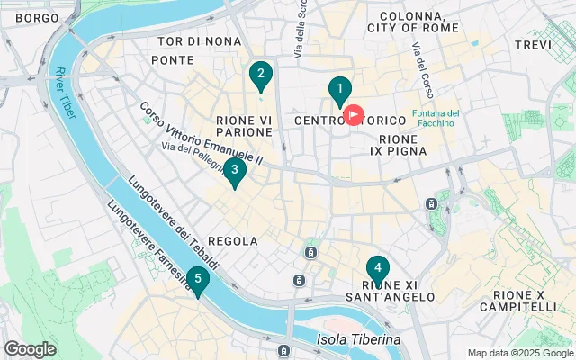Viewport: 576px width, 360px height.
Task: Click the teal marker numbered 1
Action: coord(339,90)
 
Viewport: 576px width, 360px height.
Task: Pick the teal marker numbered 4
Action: coord(378,269)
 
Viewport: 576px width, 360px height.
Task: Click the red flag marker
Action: coord(355,115)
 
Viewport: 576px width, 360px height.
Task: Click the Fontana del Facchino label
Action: coord(436,119)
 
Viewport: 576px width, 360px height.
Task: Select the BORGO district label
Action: coord(37,18)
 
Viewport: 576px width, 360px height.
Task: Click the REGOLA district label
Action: coord(233,241)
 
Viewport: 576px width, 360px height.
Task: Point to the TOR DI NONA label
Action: coord(199,41)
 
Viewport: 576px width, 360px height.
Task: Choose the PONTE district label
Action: coord(173,60)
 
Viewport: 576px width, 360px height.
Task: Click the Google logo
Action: coord(31,348)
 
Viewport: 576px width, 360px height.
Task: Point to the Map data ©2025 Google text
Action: coord(519,353)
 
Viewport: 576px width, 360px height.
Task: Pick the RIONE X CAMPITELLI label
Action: coord(526,301)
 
